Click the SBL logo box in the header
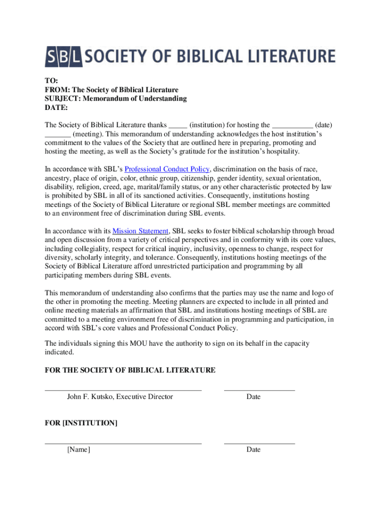click(64, 56)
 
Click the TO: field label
click(51, 81)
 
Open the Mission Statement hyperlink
click(141, 231)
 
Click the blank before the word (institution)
click(178, 126)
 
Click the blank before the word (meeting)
click(57, 135)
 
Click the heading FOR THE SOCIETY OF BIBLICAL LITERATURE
click(130, 370)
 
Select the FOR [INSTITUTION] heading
click(81, 423)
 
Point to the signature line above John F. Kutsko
click(123, 391)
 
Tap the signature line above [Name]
click(123, 444)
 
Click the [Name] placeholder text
click(79, 450)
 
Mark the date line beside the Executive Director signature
click(259, 391)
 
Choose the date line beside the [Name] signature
click(259, 444)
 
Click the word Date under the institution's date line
click(253, 450)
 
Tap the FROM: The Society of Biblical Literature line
click(111, 90)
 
